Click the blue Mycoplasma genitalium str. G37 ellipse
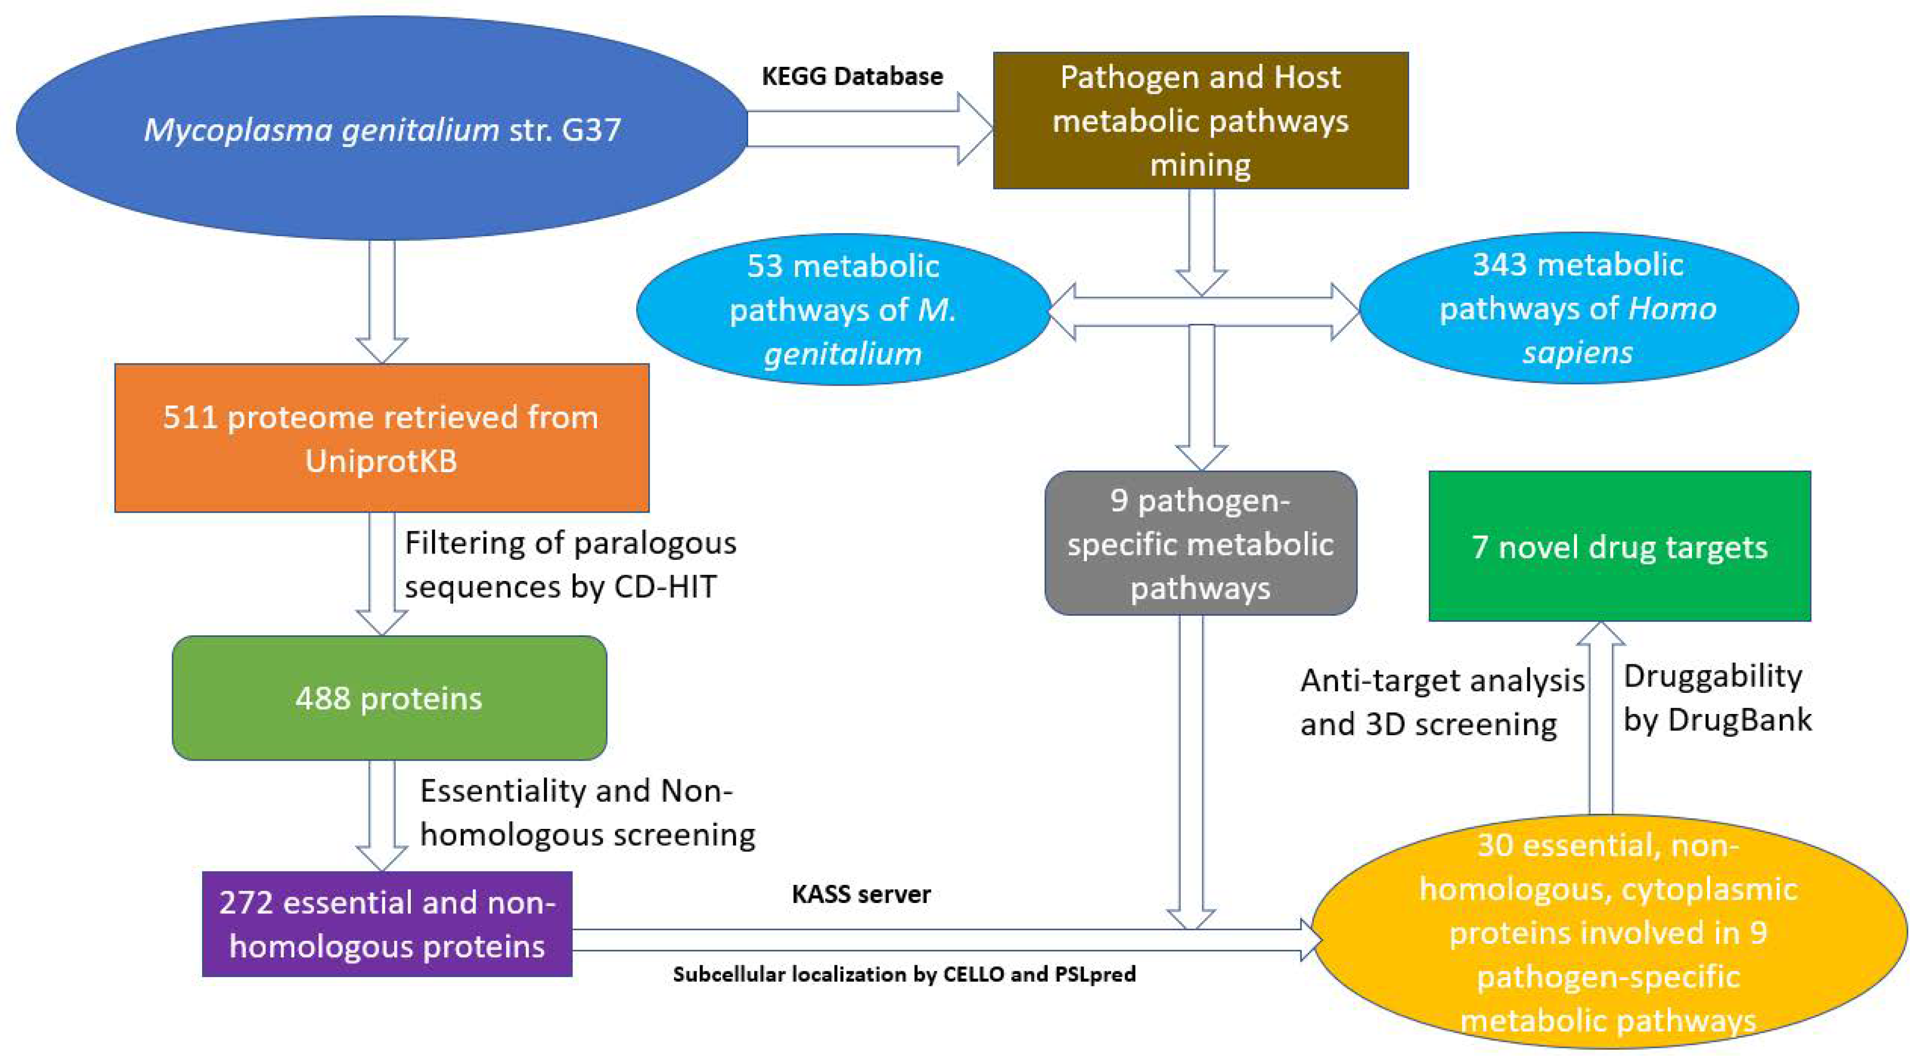[x=382, y=128]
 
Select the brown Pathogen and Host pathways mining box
[x=1200, y=120]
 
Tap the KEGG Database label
[x=852, y=76]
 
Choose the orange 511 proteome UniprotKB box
[x=382, y=438]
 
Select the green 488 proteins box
[x=389, y=698]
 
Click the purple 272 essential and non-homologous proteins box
[x=387, y=924]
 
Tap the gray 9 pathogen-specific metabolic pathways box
[x=1200, y=543]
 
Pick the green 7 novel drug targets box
[x=1619, y=546]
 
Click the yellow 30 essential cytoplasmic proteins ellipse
[x=1609, y=931]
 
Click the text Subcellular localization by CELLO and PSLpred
[x=904, y=974]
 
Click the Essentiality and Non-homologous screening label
[x=588, y=812]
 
